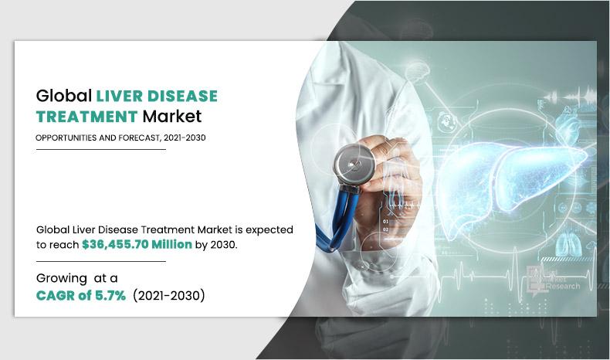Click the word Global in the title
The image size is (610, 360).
pyautogui.click(x=63, y=97)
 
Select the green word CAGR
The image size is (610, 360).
pyautogui.click(x=56, y=295)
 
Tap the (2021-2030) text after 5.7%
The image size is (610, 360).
pyautogui.click(x=169, y=295)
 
